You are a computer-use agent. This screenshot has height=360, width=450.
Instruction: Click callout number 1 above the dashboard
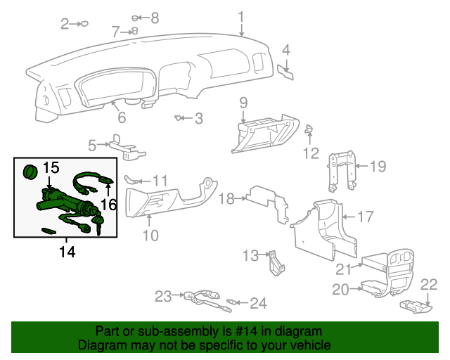(241, 16)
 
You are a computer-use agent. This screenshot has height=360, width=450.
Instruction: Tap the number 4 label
(286, 49)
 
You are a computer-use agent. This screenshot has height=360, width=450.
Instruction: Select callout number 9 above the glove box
(243, 103)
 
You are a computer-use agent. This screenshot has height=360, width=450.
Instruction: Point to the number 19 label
(378, 167)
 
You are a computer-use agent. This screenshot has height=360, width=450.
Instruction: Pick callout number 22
(429, 284)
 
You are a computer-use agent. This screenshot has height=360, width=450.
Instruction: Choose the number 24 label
(259, 304)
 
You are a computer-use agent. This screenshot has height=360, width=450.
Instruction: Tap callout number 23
(163, 297)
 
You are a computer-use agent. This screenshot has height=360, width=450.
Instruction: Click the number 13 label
(251, 255)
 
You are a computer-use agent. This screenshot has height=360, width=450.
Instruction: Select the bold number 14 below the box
(67, 251)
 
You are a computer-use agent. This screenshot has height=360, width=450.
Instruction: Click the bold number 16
(108, 204)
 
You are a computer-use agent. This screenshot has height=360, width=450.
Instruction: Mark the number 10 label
(150, 236)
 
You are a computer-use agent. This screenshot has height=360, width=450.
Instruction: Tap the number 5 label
(92, 146)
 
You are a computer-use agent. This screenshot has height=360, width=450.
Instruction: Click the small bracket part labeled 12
(308, 129)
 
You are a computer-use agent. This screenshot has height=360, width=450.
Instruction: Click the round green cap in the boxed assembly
(30, 172)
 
